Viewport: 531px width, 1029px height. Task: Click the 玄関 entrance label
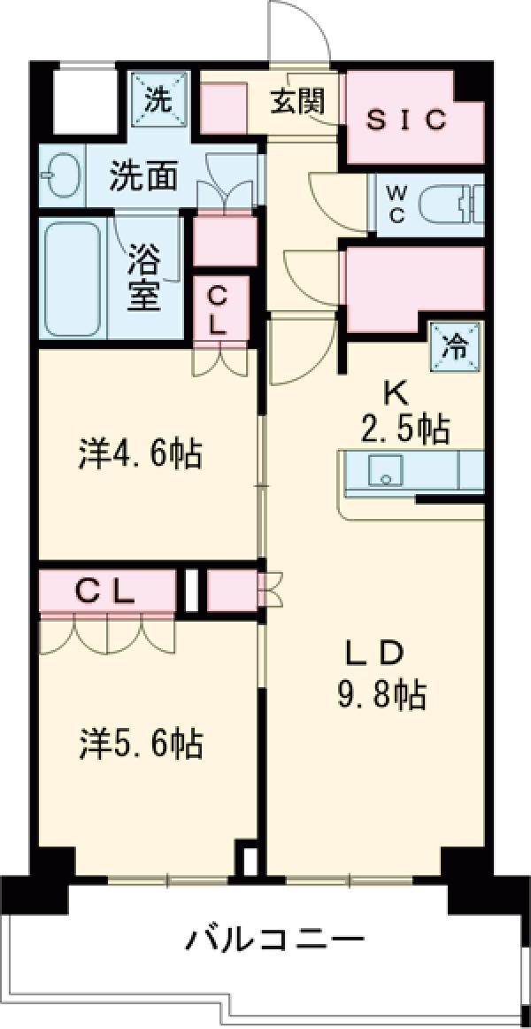[297, 102]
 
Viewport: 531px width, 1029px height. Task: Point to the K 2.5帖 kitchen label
[405, 413]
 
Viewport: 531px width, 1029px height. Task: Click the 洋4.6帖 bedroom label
[137, 456]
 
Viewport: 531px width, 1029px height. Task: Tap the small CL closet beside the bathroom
[219, 310]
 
